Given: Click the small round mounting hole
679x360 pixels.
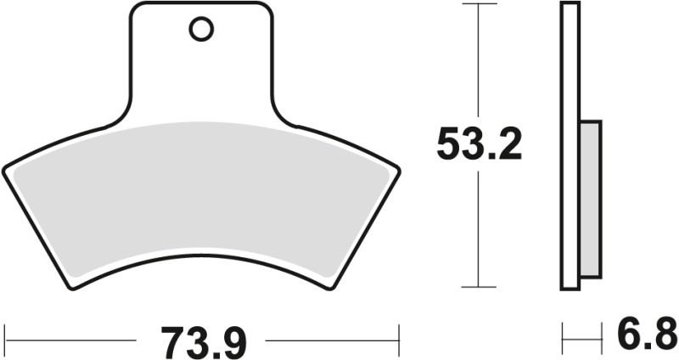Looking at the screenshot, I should point(201,31).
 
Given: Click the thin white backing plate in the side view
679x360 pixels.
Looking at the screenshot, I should point(569,144).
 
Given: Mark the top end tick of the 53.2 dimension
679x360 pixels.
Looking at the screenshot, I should point(480,4).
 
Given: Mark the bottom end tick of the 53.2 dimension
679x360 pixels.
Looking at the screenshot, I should point(480,287).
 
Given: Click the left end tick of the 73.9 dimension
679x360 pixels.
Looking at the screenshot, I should point(7,341).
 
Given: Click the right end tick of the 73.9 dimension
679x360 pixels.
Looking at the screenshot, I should point(399,341).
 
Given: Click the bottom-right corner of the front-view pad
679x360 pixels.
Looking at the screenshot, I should point(334,287).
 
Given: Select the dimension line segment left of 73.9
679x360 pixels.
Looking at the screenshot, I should point(72,341).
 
